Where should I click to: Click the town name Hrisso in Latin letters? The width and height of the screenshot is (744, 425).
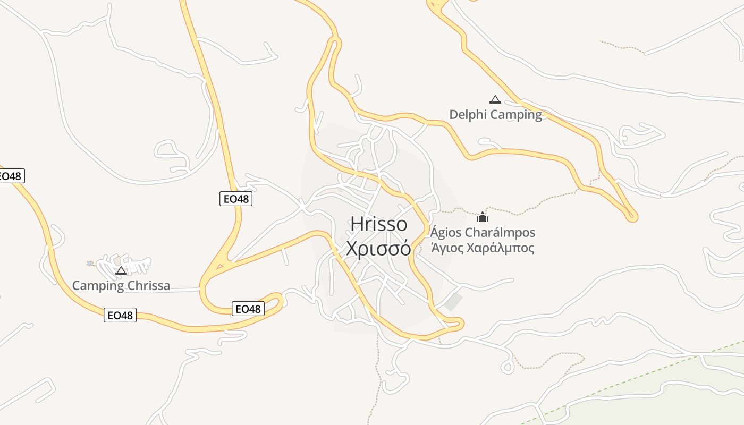click(x=378, y=224)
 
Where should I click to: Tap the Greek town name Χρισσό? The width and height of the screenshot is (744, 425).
click(x=378, y=248)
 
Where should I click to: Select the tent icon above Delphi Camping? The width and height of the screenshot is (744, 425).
click(x=495, y=99)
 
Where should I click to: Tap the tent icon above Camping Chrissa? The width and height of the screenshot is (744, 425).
click(x=121, y=270)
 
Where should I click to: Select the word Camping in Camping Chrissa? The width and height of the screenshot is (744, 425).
click(x=98, y=286)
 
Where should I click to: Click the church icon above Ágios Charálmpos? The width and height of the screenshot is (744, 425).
click(x=483, y=217)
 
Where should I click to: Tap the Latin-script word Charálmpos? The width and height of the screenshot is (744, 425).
click(x=500, y=233)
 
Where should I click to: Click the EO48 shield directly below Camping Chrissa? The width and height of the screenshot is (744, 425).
click(x=120, y=316)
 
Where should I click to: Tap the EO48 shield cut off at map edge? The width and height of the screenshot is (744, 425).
click(x=11, y=176)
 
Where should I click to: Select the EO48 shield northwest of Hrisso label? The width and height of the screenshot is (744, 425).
click(x=235, y=199)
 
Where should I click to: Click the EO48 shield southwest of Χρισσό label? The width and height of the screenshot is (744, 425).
click(x=248, y=309)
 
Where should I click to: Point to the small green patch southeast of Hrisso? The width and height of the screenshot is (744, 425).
click(x=453, y=302)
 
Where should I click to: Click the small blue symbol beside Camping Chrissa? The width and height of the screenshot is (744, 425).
click(x=90, y=263)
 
